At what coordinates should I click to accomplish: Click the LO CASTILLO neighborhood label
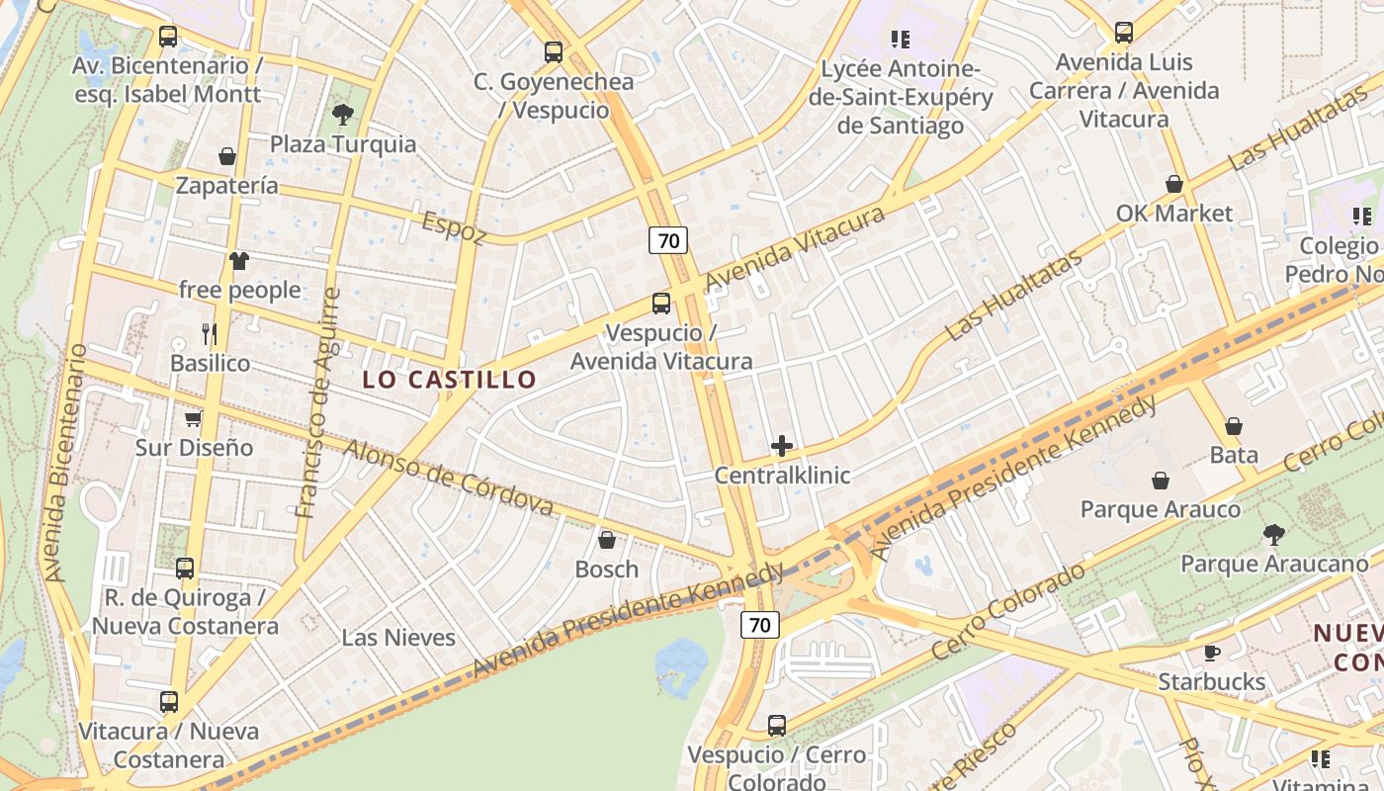pyautogui.click(x=449, y=379)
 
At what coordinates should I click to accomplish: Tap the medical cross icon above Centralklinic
pyautogui.click(x=782, y=446)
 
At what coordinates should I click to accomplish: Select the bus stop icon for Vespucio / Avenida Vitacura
pyautogui.click(x=661, y=304)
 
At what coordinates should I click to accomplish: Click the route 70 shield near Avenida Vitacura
pyautogui.click(x=668, y=239)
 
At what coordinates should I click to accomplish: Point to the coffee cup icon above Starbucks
pyautogui.click(x=1212, y=653)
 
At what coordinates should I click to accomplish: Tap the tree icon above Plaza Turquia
pyautogui.click(x=343, y=115)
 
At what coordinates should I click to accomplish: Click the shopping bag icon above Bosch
pyautogui.click(x=607, y=540)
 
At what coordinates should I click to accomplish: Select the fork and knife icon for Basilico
pyautogui.click(x=210, y=333)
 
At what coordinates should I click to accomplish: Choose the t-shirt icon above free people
pyautogui.click(x=239, y=261)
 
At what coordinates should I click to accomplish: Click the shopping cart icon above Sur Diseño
pyautogui.click(x=194, y=418)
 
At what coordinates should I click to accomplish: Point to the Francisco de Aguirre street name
pyautogui.click(x=318, y=402)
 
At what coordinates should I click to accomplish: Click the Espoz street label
pyautogui.click(x=454, y=226)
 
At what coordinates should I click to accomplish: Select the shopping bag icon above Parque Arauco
pyautogui.click(x=1161, y=481)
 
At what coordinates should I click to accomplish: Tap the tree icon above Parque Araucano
pyautogui.click(x=1274, y=535)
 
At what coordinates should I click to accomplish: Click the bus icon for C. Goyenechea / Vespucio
pyautogui.click(x=554, y=52)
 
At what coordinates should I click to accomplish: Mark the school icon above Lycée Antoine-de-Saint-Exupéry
pyautogui.click(x=900, y=40)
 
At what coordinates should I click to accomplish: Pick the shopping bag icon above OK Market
pyautogui.click(x=1174, y=184)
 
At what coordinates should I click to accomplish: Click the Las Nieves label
pyautogui.click(x=398, y=638)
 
